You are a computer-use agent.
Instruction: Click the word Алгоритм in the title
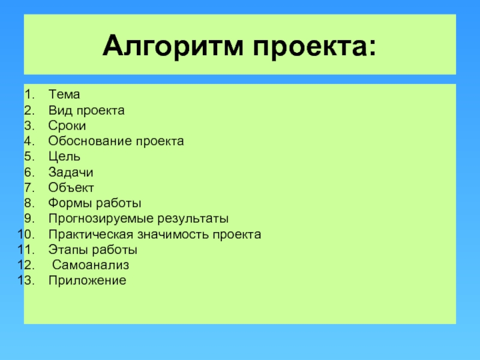pos(173,46)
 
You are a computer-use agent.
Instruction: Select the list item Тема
pos(64,94)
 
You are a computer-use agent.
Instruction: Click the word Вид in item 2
pos(59,110)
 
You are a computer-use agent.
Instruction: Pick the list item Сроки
pos(67,126)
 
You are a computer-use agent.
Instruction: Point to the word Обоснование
pos(91,141)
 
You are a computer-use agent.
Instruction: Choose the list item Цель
pos(64,157)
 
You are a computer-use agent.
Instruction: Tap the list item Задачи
pos(71,172)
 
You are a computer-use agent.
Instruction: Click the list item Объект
pos(71,188)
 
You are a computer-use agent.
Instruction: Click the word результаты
pos(193,219)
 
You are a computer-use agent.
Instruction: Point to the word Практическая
pos(91,235)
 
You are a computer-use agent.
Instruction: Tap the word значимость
pos(173,235)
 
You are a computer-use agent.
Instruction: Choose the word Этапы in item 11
pos(68,250)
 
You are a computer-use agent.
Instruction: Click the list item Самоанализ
pos(91,265)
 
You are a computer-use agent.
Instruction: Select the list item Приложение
pos(87,281)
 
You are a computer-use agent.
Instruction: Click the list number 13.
pos(26,280)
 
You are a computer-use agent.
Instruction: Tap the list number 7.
pos(29,188)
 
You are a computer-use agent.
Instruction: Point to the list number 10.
pos(26,235)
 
